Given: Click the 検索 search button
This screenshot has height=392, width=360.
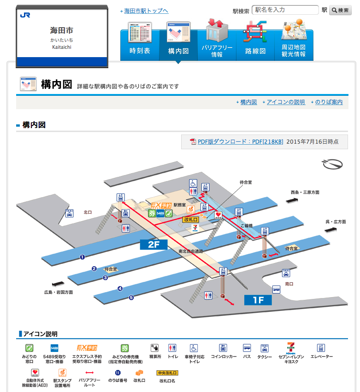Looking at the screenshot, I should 340,10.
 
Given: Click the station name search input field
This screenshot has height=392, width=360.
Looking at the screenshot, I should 286,10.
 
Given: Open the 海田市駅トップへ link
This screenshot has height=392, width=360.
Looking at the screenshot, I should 146,11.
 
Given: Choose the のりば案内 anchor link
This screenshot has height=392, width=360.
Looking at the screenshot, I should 329,102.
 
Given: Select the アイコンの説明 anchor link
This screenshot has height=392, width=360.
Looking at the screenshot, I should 285,102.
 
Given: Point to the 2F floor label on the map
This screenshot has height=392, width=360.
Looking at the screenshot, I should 153,245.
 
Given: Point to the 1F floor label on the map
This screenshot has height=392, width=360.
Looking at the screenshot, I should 258,300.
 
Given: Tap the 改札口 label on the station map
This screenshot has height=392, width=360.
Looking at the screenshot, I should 191,220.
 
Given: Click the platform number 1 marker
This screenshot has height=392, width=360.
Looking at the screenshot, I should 83,257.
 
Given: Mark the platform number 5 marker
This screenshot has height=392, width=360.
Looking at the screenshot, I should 131,298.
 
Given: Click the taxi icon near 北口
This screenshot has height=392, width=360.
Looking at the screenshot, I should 70,213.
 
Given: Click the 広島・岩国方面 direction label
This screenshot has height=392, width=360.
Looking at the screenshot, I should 59,292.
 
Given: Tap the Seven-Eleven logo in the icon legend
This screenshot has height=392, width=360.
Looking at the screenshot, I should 291,348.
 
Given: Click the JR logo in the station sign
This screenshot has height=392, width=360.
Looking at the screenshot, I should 25,15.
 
